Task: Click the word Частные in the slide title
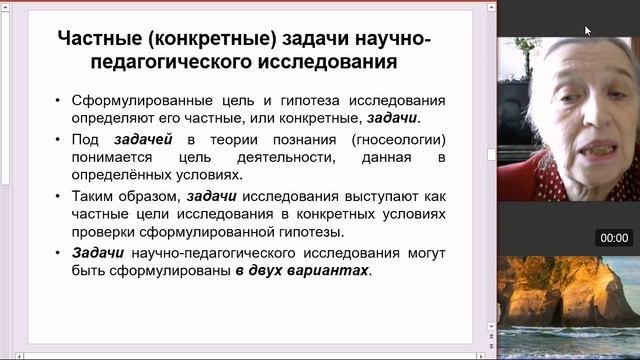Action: click(x=100, y=39)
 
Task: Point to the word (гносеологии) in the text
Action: click(x=398, y=140)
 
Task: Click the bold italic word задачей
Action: click(x=143, y=140)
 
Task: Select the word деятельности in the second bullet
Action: click(x=286, y=158)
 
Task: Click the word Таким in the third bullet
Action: click(x=92, y=196)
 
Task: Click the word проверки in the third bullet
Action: click(x=102, y=232)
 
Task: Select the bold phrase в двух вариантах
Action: click(x=302, y=270)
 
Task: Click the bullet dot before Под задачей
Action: click(x=58, y=140)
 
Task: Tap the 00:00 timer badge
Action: click(x=614, y=238)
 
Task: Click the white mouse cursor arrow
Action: click(x=588, y=31)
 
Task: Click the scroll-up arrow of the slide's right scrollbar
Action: click(x=491, y=7)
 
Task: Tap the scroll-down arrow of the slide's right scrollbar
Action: click(x=491, y=327)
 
